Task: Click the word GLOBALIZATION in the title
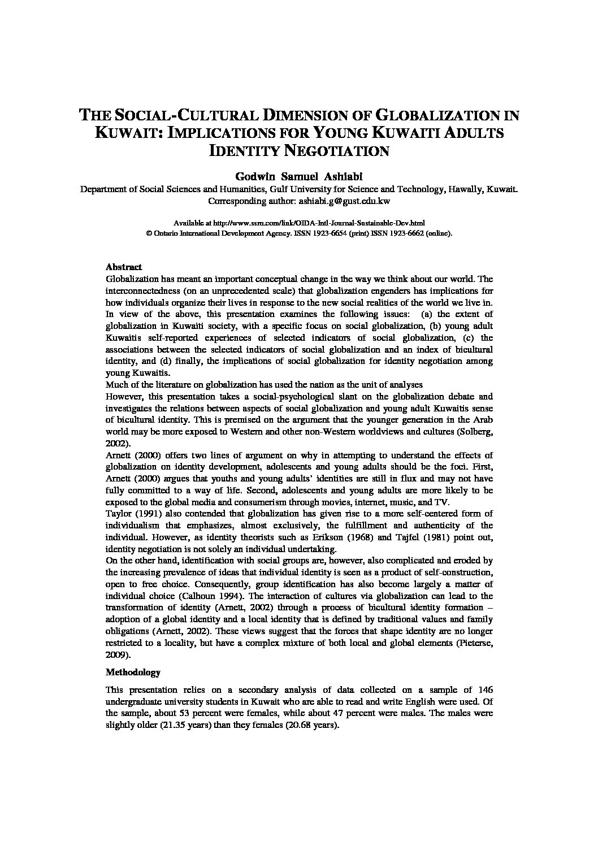click(x=434, y=116)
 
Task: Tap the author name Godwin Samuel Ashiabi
click(x=298, y=176)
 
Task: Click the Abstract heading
click(x=124, y=267)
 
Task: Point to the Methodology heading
click(x=133, y=673)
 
